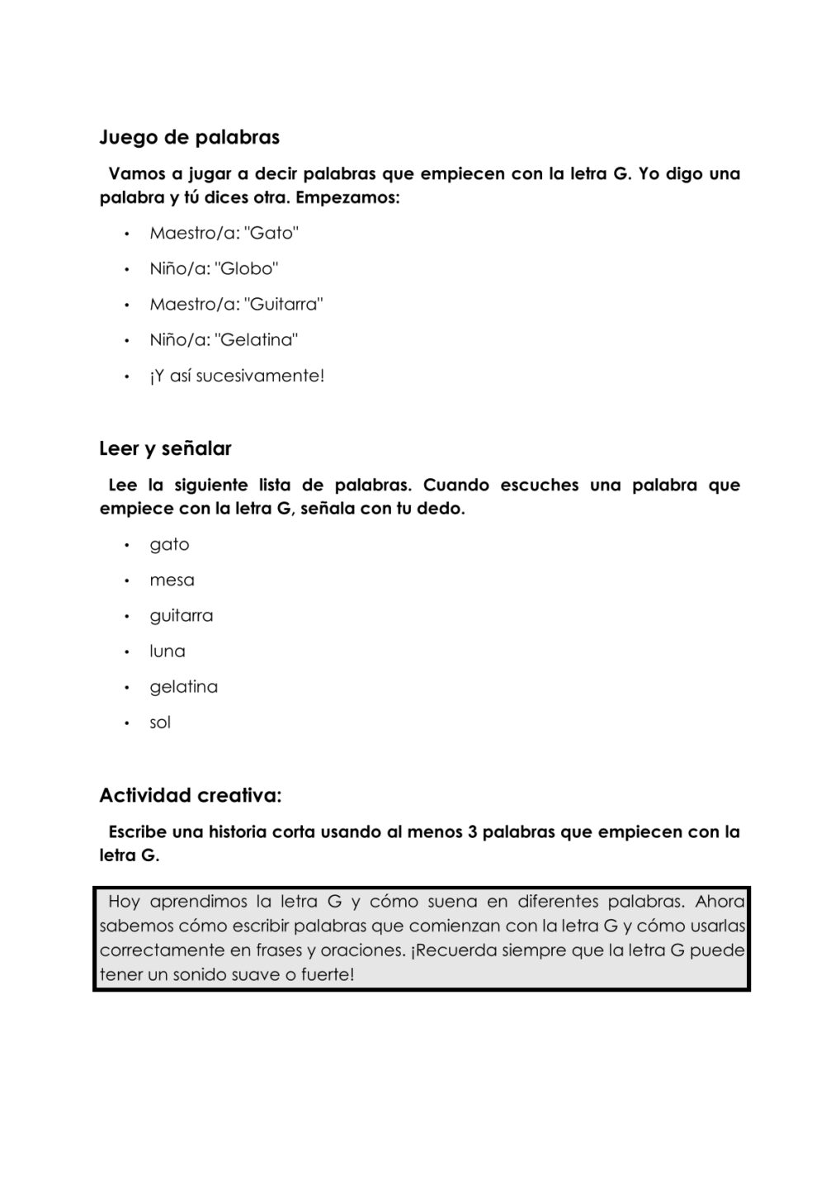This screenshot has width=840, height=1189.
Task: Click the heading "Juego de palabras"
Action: [x=190, y=137]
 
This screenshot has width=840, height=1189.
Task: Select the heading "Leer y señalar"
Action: [x=165, y=448]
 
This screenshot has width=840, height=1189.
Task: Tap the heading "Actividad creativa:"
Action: [x=190, y=795]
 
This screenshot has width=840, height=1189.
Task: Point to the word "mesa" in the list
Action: [x=172, y=580]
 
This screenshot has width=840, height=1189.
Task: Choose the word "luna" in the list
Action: [x=168, y=651]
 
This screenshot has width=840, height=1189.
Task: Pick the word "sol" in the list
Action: [x=160, y=722]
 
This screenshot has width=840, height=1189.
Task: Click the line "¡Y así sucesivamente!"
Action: [x=237, y=376]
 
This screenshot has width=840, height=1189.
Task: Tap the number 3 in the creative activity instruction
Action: [x=473, y=831]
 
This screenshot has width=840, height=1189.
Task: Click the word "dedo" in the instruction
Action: [x=441, y=509]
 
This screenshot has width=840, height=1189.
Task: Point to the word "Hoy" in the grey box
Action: [x=124, y=901]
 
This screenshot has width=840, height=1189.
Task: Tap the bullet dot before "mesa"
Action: [x=127, y=580]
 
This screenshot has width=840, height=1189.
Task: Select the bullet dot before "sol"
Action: [x=127, y=723]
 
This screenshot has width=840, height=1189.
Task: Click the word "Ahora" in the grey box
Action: [x=720, y=901]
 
